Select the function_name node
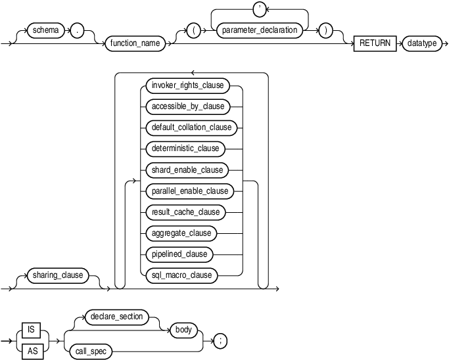click(x=135, y=44)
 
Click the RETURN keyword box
click(x=374, y=44)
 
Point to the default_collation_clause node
click(x=187, y=127)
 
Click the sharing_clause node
click(x=59, y=275)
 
